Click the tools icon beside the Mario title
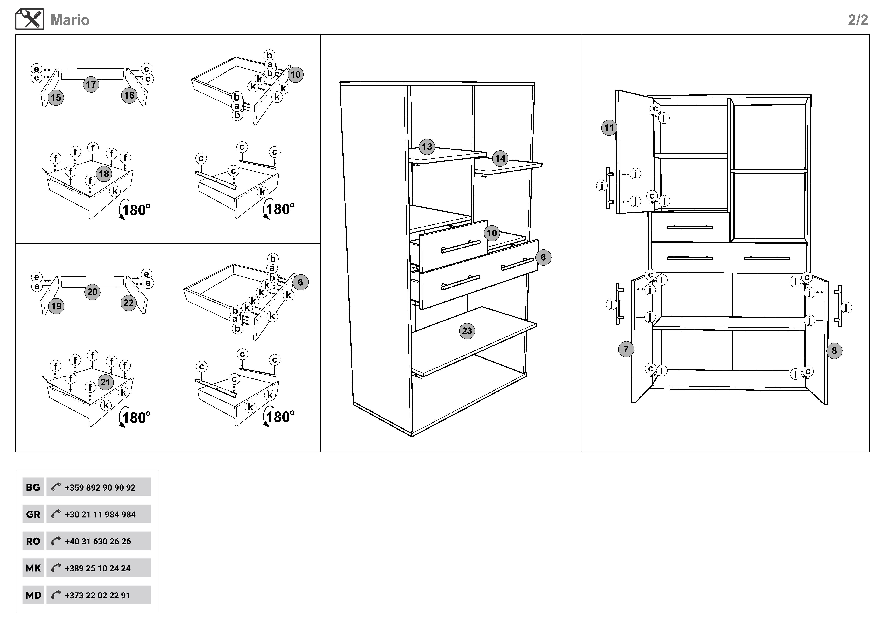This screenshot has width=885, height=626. (30, 19)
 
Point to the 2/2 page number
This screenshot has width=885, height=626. (858, 20)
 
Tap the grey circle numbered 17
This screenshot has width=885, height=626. (91, 84)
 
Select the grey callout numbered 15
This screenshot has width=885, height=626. (56, 97)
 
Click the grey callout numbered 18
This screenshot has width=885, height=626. (104, 174)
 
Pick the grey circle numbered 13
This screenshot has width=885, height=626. (427, 146)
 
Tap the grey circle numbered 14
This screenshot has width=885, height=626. (500, 158)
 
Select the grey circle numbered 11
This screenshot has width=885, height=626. (609, 128)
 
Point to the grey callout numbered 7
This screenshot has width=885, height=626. (626, 349)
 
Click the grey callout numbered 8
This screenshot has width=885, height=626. (834, 351)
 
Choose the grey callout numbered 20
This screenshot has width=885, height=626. (92, 292)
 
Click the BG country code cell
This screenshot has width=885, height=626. (33, 487)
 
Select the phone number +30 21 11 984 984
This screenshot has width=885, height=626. (100, 514)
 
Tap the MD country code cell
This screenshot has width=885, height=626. (33, 595)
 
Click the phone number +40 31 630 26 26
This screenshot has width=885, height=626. (98, 541)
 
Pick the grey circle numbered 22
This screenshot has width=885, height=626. (129, 303)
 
